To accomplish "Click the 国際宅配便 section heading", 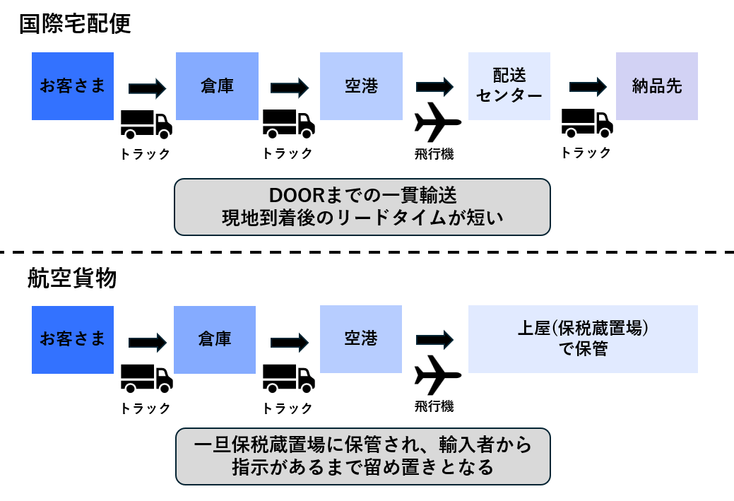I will [x=75, y=24].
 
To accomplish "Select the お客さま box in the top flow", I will [x=73, y=86].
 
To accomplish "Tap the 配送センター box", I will [x=509, y=86].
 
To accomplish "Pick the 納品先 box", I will [x=656, y=86].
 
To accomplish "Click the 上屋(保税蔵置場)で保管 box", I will [x=582, y=338].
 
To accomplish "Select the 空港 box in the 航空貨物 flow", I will [x=361, y=338].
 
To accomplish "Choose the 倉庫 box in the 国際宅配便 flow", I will [x=215, y=86].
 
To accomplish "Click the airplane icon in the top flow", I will [x=437, y=122].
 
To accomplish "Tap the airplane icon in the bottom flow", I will [x=437, y=375].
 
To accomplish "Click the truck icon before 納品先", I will [x=586, y=124].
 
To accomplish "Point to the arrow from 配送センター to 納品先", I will [x=588, y=87].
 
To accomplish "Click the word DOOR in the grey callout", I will [x=292, y=195].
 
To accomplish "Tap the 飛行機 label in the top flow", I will [x=434, y=153].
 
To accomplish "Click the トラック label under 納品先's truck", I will [x=586, y=153].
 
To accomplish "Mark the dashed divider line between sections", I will [x=367, y=252].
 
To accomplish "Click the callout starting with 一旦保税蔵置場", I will [x=362, y=456].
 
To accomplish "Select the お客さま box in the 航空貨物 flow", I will [x=73, y=338].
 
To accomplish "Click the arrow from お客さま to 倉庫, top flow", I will [x=147, y=88].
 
